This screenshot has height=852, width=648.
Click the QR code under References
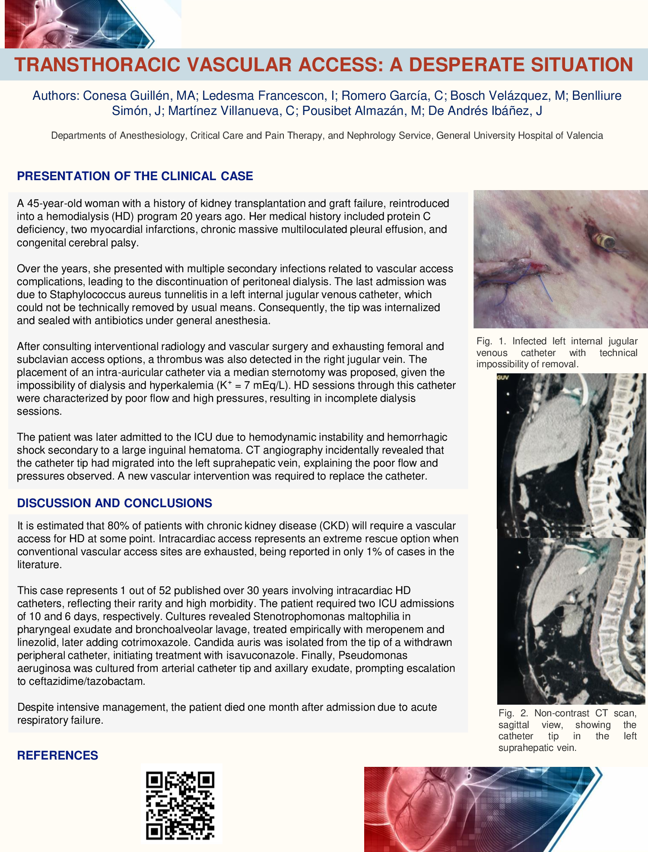(x=181, y=805)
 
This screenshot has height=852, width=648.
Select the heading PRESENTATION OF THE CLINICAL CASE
(x=135, y=176)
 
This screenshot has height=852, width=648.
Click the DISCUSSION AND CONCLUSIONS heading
(x=114, y=503)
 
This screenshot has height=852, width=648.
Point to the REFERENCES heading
(x=57, y=755)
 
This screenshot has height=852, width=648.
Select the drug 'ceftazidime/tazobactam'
(x=81, y=681)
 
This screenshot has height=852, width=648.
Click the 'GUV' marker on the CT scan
(x=503, y=378)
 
